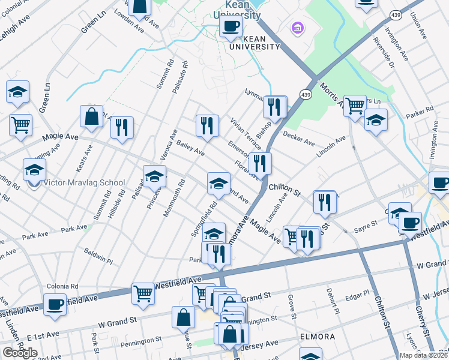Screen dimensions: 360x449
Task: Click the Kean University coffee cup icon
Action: click(231, 26)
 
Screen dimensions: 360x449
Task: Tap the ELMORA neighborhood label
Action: click(318, 337)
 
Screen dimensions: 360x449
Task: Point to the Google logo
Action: click(19, 353)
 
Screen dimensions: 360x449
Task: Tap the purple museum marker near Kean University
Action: click(297, 28)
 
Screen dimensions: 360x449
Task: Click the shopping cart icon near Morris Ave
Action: click(355, 106)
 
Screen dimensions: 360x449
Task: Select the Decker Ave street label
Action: click(299, 139)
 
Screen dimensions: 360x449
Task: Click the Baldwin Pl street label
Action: click(98, 256)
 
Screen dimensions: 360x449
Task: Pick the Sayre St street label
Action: click(365, 223)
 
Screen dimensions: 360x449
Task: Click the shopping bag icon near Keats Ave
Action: click(91, 116)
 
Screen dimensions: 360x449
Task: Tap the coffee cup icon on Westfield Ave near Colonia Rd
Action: click(55, 304)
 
